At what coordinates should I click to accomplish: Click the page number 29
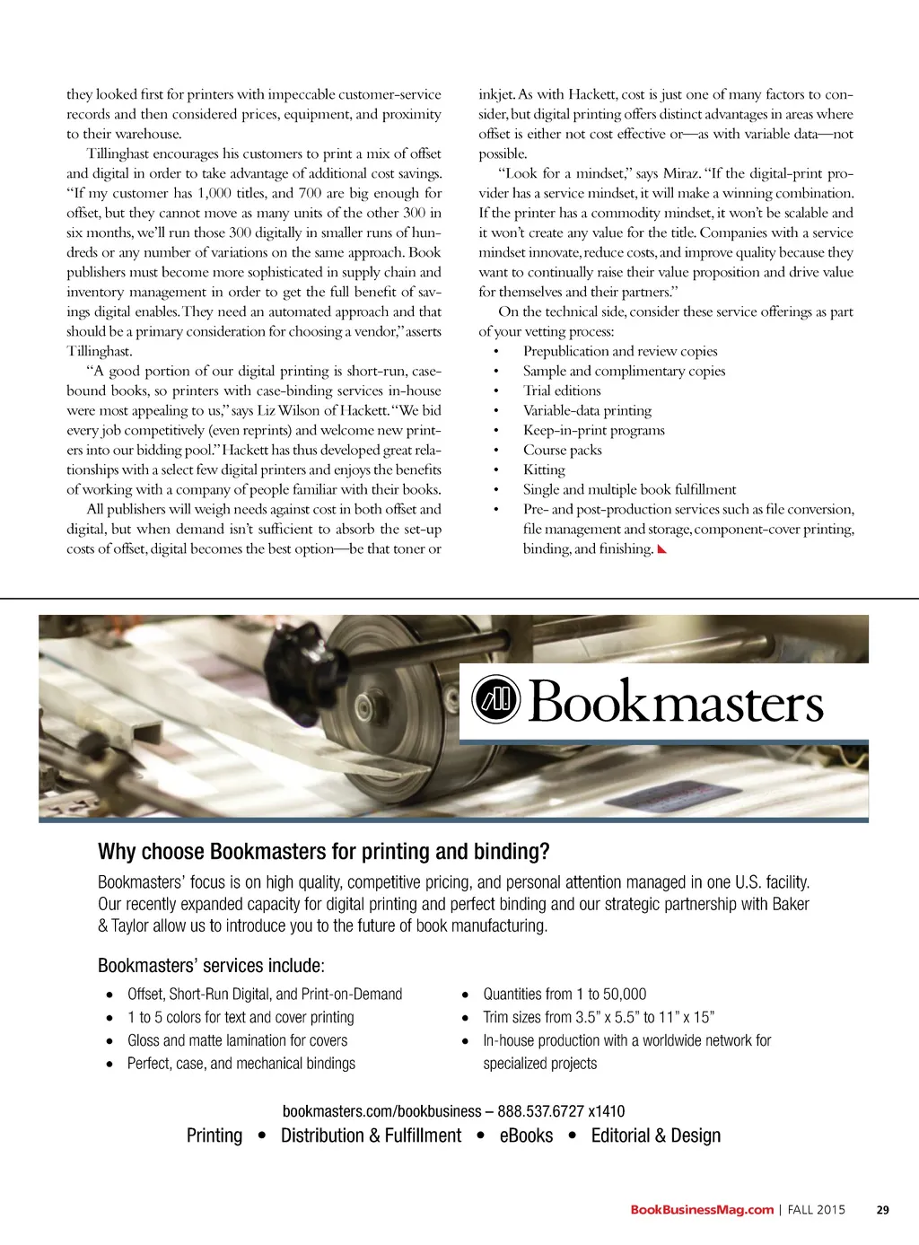[882, 1210]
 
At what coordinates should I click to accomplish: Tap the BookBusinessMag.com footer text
[702, 1210]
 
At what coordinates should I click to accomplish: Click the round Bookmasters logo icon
[496, 699]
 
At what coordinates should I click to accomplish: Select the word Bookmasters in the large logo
[676, 702]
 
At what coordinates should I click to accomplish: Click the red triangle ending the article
[662, 549]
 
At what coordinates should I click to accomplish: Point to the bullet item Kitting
[544, 469]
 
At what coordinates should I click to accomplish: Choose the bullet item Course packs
[562, 450]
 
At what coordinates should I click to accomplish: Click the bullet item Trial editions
[562, 390]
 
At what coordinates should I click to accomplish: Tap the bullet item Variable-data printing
[587, 410]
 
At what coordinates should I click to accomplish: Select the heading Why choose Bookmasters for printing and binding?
[323, 851]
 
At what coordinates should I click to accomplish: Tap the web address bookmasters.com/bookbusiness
[381, 1111]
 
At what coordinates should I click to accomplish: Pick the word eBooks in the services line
[526, 1135]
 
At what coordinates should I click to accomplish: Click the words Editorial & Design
[655, 1135]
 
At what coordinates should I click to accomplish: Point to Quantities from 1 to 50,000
[565, 994]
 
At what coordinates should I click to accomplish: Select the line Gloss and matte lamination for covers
[237, 1040]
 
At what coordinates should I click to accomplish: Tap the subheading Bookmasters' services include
[211, 966]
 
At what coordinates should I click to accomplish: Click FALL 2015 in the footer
[817, 1210]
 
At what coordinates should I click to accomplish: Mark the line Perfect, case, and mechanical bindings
[241, 1064]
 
